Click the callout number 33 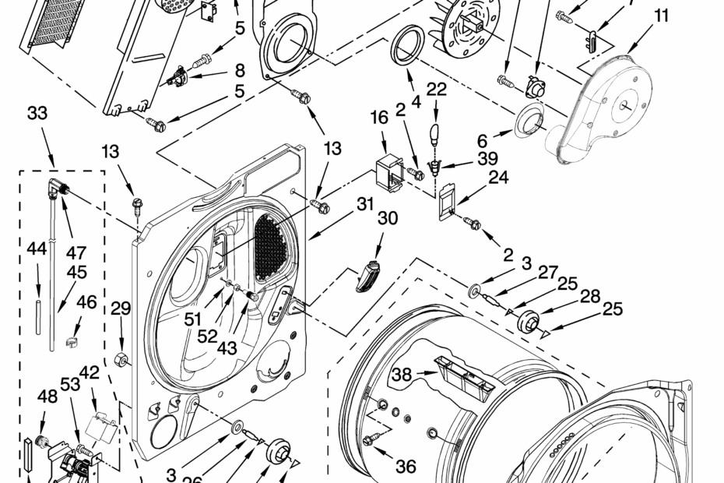pyautogui.click(x=37, y=114)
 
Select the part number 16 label pyautogui.click(x=379, y=118)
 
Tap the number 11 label pyautogui.click(x=660, y=15)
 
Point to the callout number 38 pyautogui.click(x=402, y=375)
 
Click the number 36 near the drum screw pyautogui.click(x=406, y=467)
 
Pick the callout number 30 pyautogui.click(x=387, y=219)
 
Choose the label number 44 pyautogui.click(x=37, y=249)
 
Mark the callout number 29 pyautogui.click(x=120, y=309)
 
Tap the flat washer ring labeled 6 pyautogui.click(x=530, y=118)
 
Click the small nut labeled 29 pyautogui.click(x=121, y=359)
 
